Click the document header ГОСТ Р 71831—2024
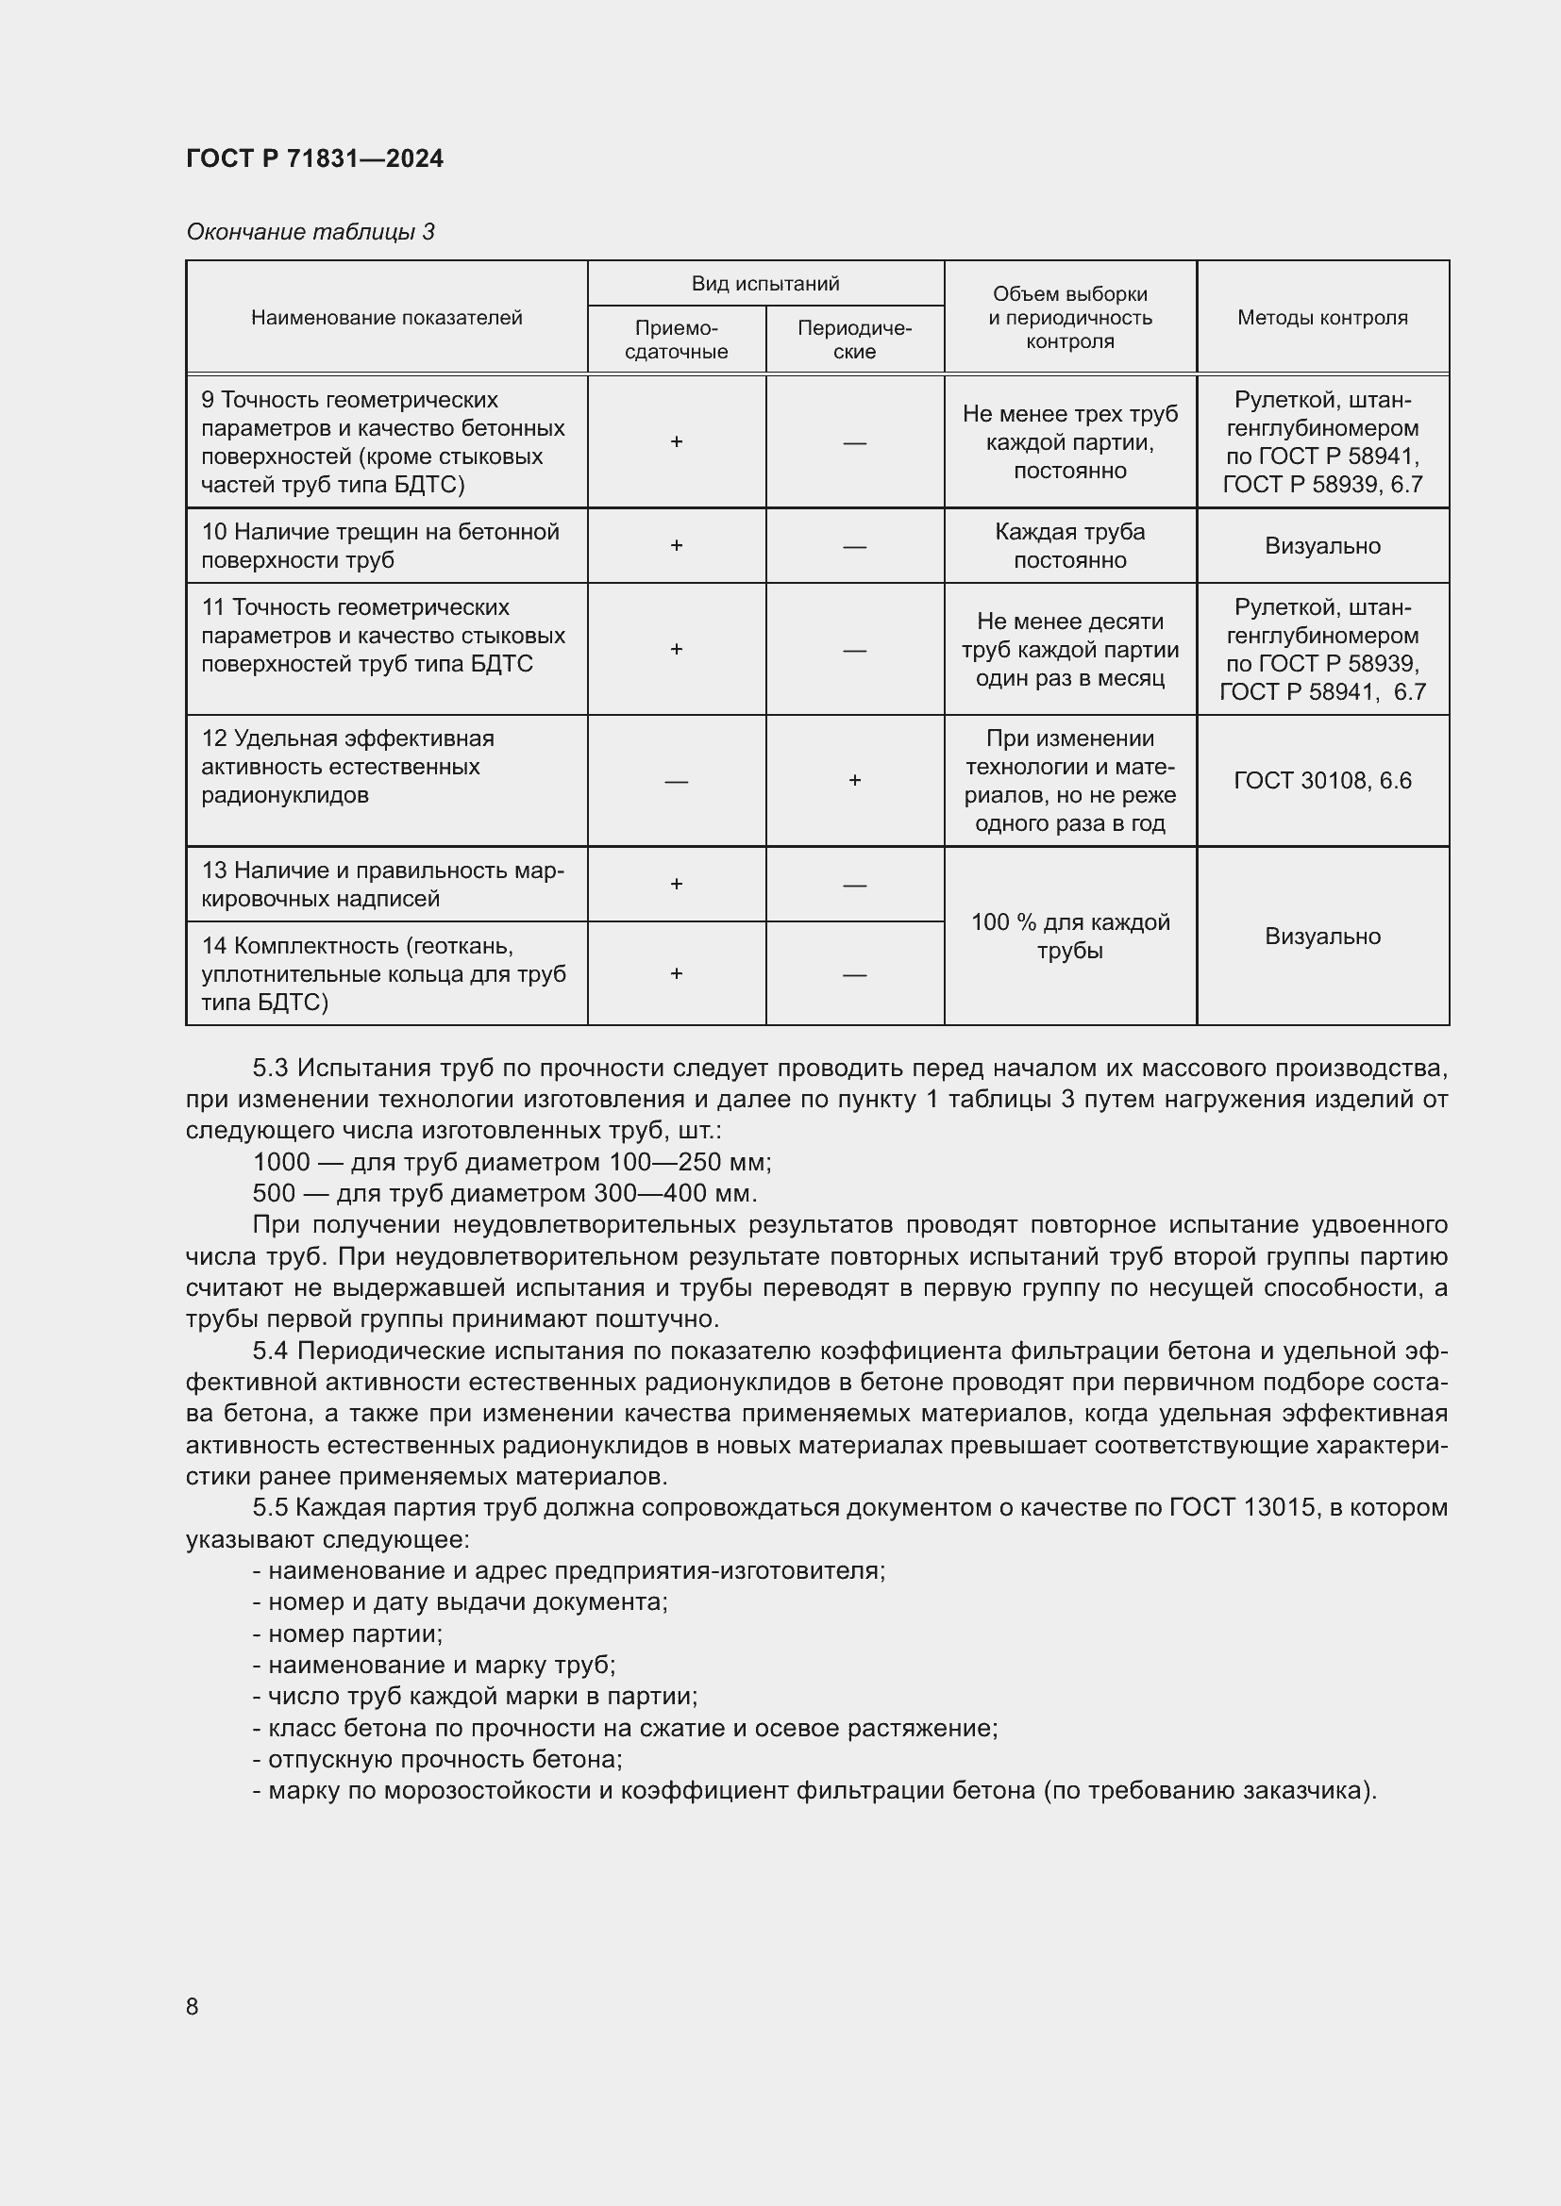314,158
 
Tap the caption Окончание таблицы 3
310,232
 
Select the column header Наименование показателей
386,317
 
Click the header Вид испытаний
765,284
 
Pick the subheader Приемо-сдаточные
676,340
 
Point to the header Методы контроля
1321,317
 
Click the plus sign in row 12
854,780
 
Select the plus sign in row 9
676,441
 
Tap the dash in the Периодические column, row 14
854,974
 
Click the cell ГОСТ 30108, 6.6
1321,780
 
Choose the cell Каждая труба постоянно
1069,545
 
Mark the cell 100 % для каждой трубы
1069,936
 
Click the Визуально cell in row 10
1321,546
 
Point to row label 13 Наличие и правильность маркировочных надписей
382,884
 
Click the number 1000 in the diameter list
280,1163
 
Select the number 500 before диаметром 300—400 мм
274,1193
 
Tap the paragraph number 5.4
270,1351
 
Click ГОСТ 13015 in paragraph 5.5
1242,1506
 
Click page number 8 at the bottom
193,2006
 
